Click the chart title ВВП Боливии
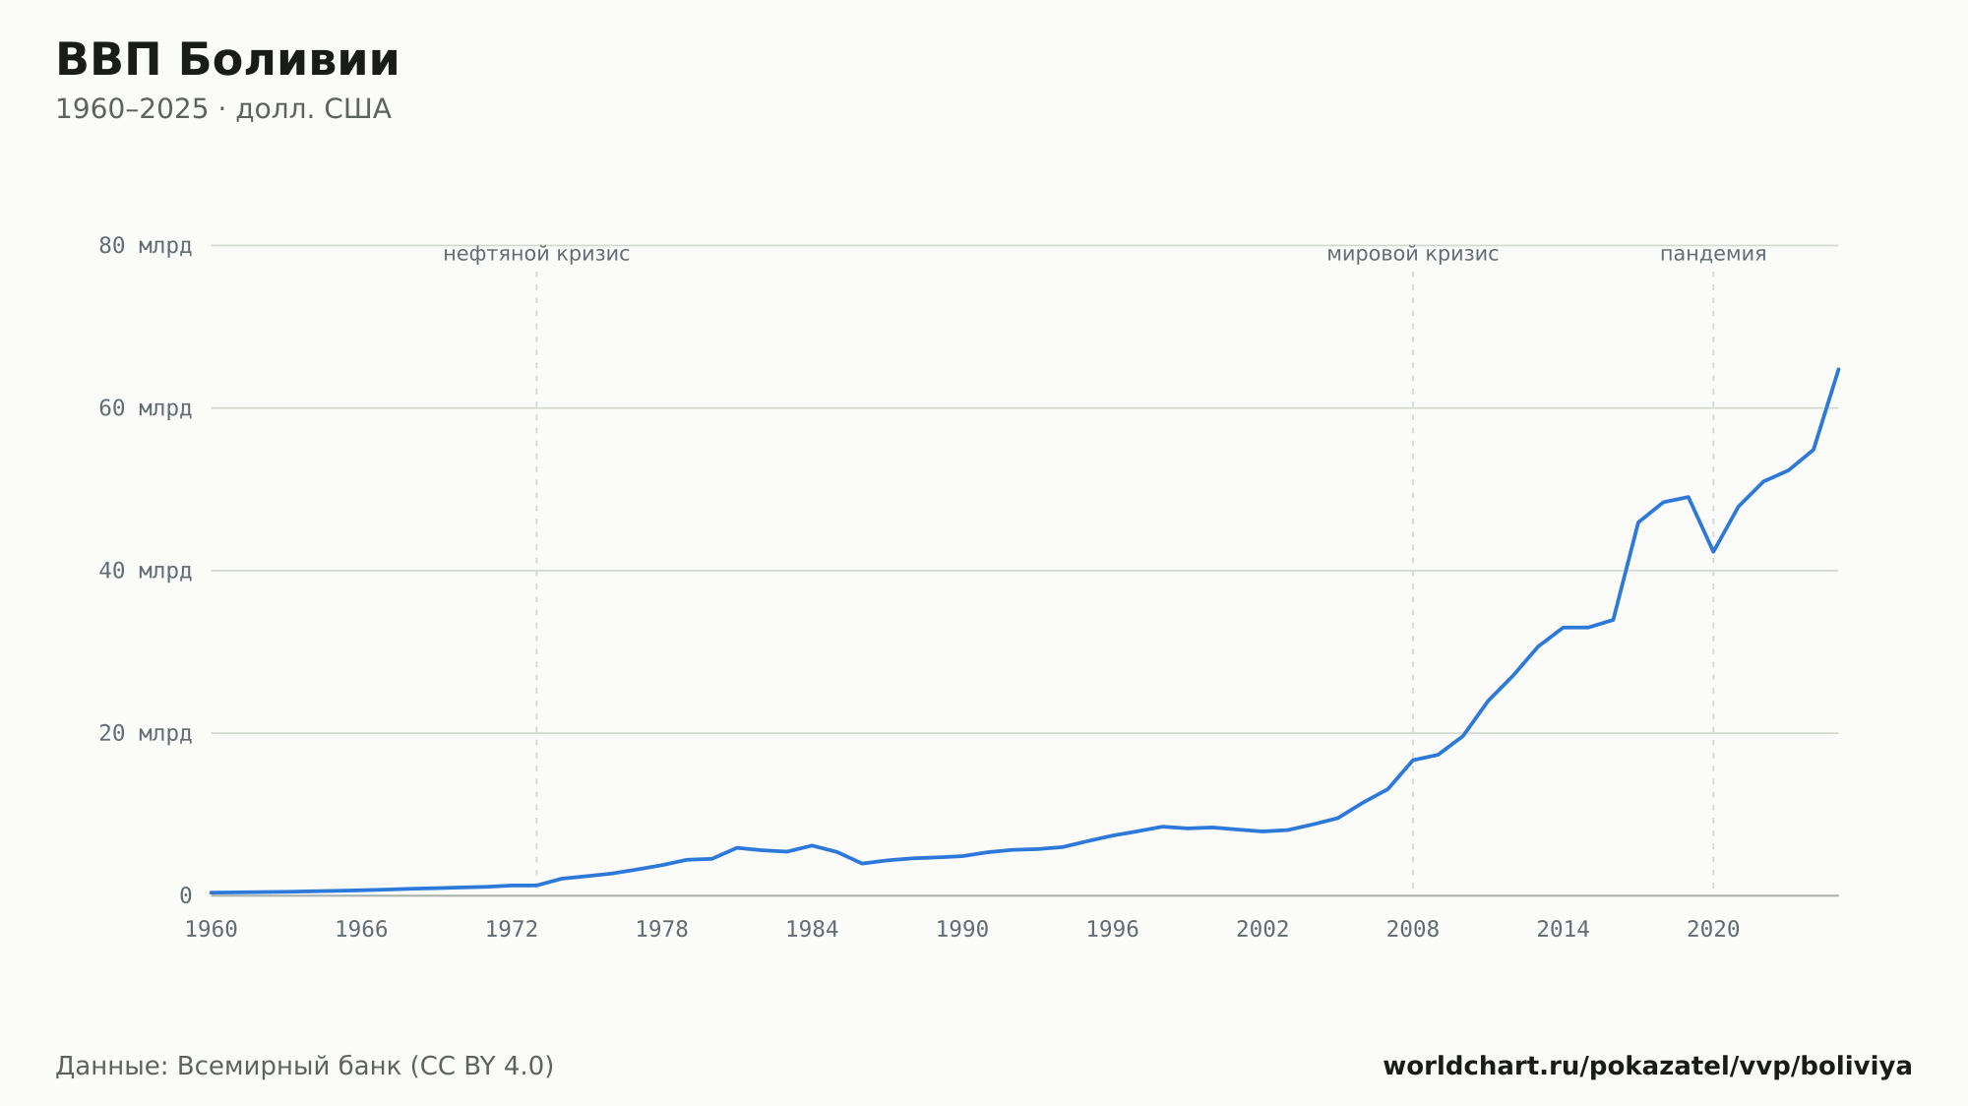[x=227, y=60]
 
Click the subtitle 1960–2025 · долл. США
[x=223, y=109]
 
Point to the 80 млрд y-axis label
[x=145, y=246]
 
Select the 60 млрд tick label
[x=145, y=408]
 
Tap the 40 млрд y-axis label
[x=145, y=571]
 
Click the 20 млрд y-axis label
[x=145, y=733]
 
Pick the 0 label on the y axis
[x=185, y=895]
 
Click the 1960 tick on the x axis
[x=212, y=930]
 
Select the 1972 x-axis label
[x=512, y=930]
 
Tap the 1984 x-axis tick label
[x=812, y=930]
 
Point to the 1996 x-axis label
[x=1112, y=930]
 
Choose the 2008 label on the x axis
[x=1413, y=930]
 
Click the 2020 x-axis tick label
[x=1713, y=930]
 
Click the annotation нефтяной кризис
[x=536, y=254]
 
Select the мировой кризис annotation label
[x=1413, y=254]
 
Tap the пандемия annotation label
[x=1713, y=254]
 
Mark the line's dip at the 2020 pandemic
[x=1713, y=551]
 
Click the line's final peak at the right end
[x=1838, y=369]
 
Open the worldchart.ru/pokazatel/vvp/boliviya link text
[x=1647, y=1067]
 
